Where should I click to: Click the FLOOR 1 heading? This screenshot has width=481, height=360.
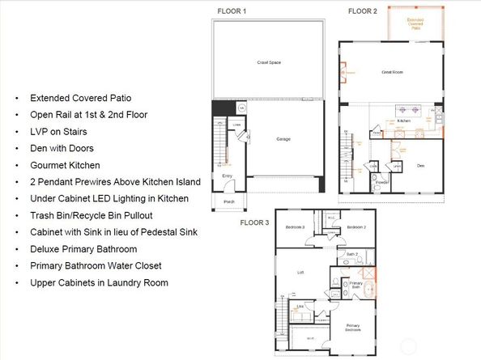(x=232, y=11)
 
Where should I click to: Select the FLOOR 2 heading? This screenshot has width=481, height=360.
(x=362, y=11)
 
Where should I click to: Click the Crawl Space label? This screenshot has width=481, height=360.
(x=268, y=62)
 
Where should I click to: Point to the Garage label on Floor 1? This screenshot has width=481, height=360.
(x=282, y=138)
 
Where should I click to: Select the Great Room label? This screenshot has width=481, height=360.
(x=392, y=72)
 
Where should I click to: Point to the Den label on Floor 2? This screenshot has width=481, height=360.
(x=420, y=166)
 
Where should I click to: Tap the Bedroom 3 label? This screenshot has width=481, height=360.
(x=296, y=228)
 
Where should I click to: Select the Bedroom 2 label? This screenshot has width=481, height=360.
(x=356, y=228)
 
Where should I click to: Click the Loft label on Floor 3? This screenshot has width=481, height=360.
(x=299, y=272)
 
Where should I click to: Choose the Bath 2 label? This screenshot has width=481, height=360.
(x=351, y=254)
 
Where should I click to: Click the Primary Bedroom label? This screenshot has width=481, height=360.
(x=354, y=328)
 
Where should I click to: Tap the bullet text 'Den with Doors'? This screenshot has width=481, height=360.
(x=62, y=148)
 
